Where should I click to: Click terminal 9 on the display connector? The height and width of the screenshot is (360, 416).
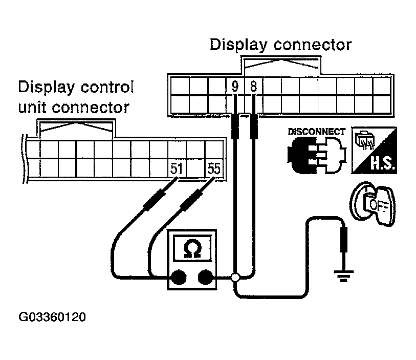pyautogui.click(x=235, y=87)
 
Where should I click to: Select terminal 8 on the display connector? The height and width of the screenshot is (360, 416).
pyautogui.click(x=253, y=87)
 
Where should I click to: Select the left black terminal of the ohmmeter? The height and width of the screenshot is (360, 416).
pyautogui.click(x=178, y=278)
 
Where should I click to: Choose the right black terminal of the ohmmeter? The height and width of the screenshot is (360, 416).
pyautogui.click(x=206, y=278)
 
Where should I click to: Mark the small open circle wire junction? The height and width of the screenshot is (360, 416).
pyautogui.click(x=235, y=278)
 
